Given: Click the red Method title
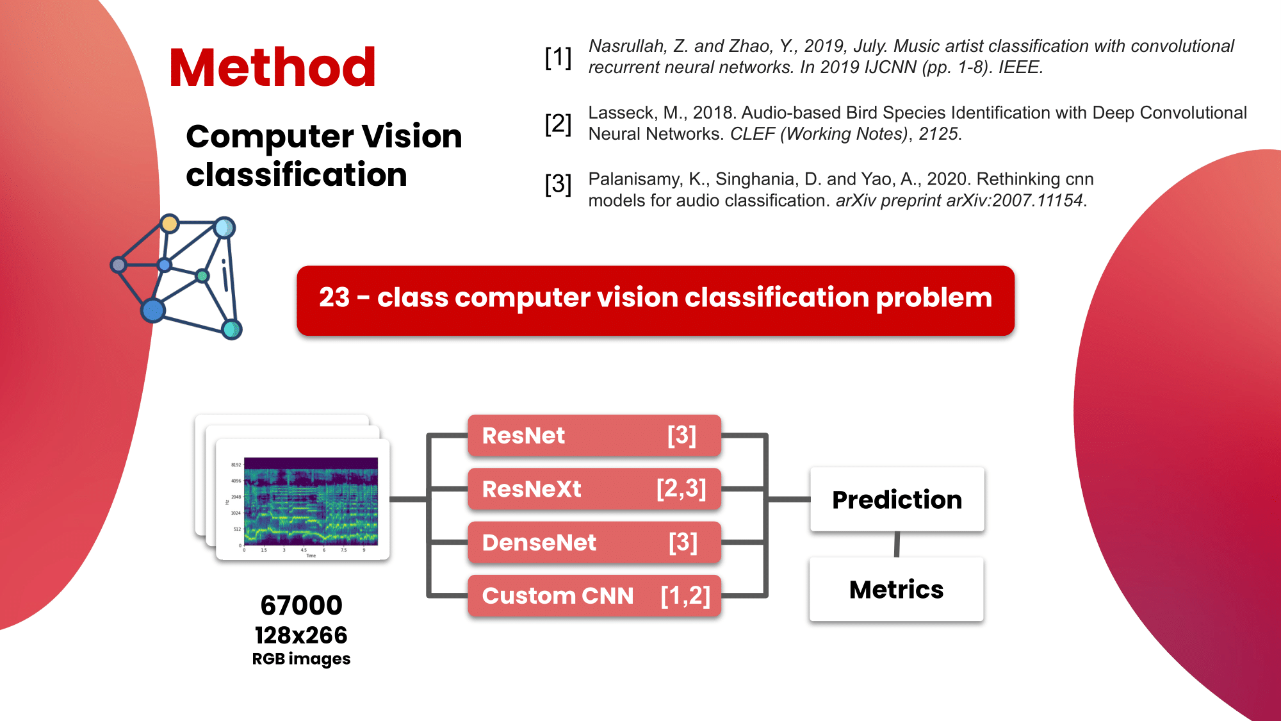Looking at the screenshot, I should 272,67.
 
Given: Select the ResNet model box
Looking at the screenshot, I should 594,436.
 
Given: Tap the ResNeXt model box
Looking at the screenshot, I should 594,489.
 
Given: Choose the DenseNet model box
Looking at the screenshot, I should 594,542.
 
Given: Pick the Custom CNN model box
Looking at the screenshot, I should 594,596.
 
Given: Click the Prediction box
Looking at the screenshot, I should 897,499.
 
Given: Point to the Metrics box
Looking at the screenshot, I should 896,589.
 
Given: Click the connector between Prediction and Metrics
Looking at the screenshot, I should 897,544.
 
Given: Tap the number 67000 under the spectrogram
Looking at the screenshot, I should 301,605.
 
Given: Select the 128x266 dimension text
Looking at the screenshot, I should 301,635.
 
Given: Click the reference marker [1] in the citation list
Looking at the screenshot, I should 558,58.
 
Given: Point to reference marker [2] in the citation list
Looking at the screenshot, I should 558,124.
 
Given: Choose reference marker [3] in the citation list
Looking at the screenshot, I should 558,185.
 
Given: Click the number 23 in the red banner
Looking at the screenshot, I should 334,297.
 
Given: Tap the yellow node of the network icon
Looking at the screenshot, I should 170,224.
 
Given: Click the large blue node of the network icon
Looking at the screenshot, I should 153,310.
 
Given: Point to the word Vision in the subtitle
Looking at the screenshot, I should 411,137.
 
